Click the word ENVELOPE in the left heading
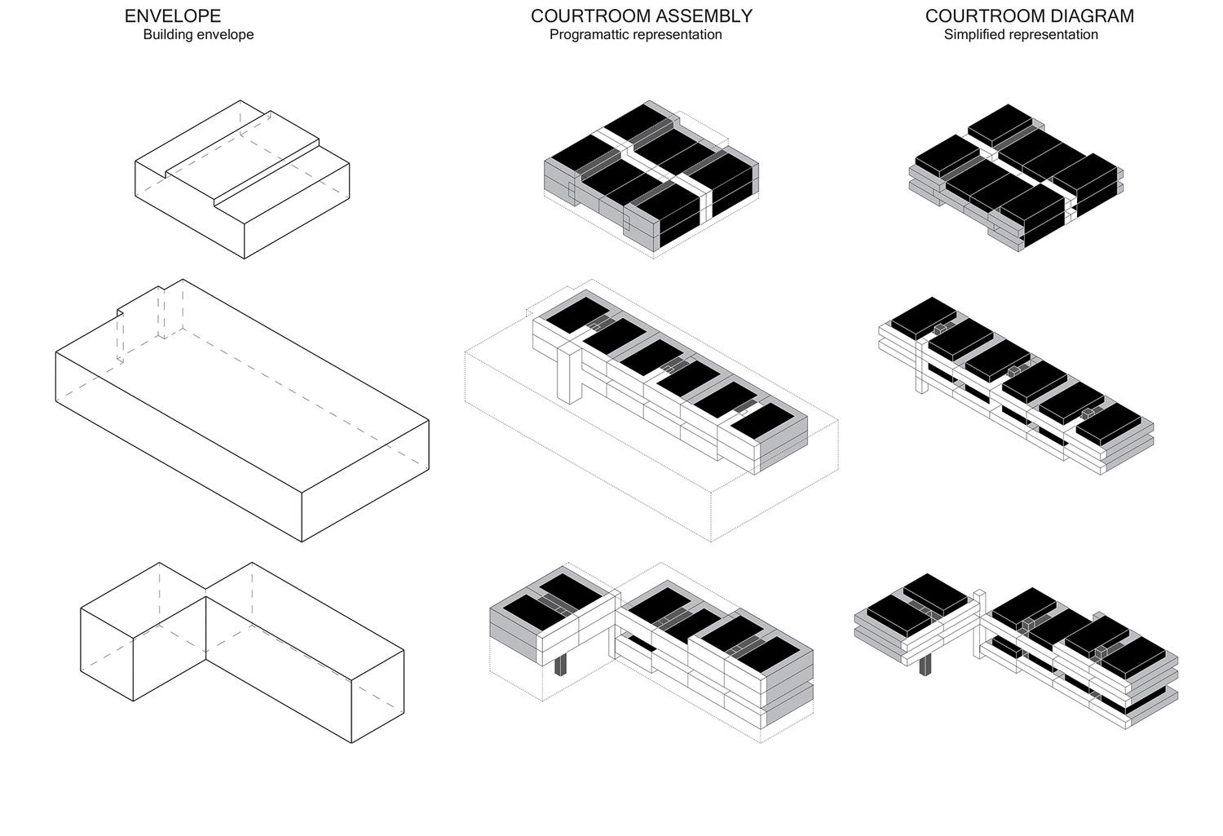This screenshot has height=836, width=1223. pos(172,15)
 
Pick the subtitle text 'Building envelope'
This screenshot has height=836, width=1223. pos(198,35)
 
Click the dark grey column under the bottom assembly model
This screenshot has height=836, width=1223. pos(560,664)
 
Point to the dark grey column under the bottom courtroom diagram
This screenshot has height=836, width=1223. pos(925,666)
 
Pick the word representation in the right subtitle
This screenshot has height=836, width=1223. pos(1052,35)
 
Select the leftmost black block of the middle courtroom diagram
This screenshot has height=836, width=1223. pos(922,314)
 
